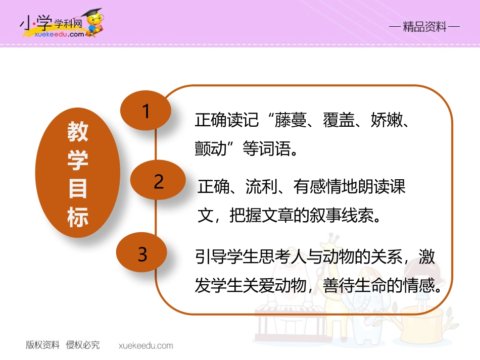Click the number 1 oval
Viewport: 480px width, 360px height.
(x=146, y=111)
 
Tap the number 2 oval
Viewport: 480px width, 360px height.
(x=159, y=182)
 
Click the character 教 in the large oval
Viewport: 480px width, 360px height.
(x=78, y=132)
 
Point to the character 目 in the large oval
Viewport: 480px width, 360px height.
(x=78, y=189)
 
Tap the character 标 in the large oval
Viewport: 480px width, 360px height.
(x=78, y=218)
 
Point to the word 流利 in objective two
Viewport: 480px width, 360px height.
(x=261, y=187)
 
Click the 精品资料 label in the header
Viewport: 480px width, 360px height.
(x=425, y=27)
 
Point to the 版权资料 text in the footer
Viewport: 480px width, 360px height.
(x=43, y=345)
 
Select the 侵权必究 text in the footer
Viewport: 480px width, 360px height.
(x=83, y=345)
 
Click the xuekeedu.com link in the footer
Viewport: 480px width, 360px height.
(x=146, y=346)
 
